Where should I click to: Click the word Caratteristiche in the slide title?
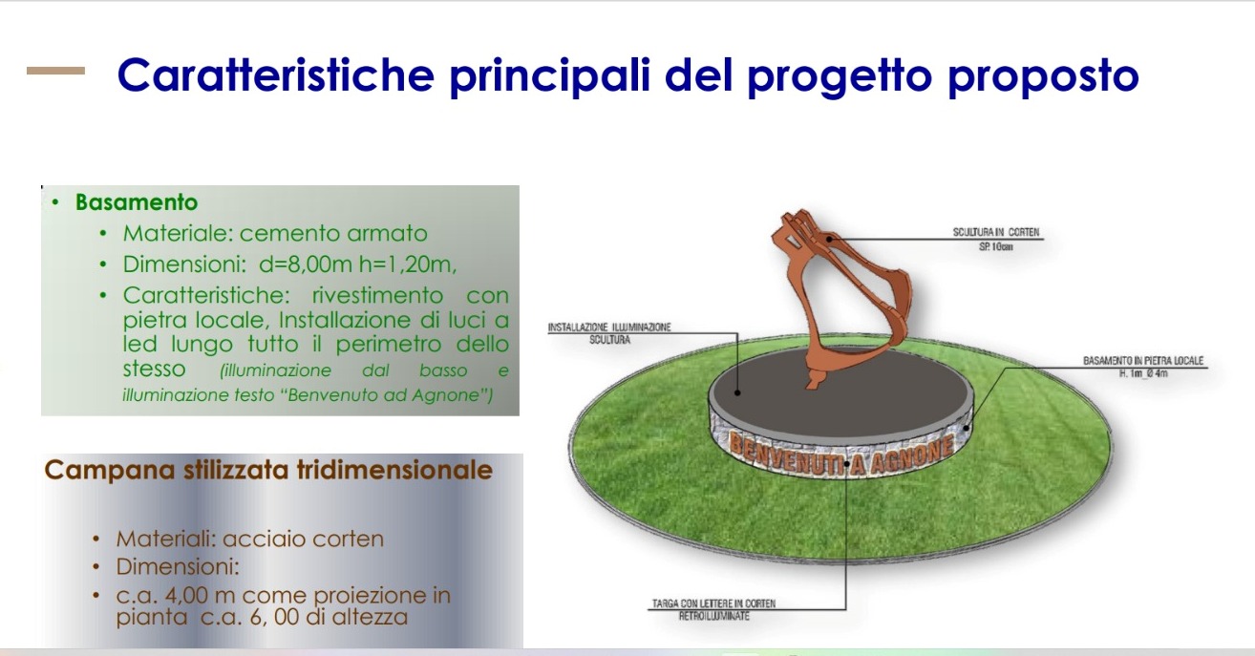pyautogui.click(x=276, y=74)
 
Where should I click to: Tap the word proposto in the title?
pyautogui.click(x=1043, y=76)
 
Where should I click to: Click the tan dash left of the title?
pyautogui.click(x=56, y=71)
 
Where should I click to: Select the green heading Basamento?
pyautogui.click(x=137, y=202)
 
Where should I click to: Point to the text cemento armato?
pyautogui.click(x=333, y=233)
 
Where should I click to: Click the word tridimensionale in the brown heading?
pyautogui.click(x=395, y=470)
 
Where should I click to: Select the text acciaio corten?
pyautogui.click(x=303, y=539)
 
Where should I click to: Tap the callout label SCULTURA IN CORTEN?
pyautogui.click(x=996, y=232)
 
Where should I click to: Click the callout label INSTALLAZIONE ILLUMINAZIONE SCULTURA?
pyautogui.click(x=609, y=333)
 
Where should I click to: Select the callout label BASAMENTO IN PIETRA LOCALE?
pyautogui.click(x=1143, y=361)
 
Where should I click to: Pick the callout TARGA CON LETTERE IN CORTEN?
pyautogui.click(x=713, y=603)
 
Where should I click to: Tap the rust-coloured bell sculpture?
pyautogui.click(x=840, y=291)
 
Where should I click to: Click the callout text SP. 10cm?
pyautogui.click(x=996, y=246)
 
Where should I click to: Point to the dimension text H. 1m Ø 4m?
pyautogui.click(x=1143, y=373)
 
